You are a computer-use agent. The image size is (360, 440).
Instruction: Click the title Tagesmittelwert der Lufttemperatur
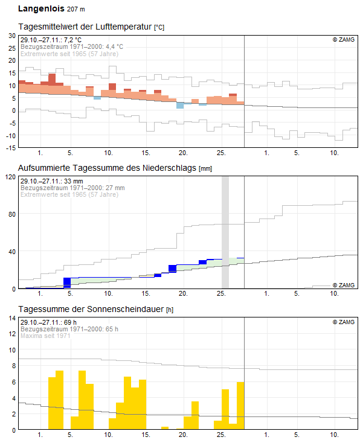[85, 27]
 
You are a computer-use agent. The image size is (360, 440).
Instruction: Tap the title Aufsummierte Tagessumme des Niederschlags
[107, 168]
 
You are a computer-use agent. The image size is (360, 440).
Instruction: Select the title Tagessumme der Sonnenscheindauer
[91, 309]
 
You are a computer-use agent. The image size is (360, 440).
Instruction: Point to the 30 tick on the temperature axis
[12, 36]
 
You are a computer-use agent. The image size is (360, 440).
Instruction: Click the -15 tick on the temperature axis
[11, 148]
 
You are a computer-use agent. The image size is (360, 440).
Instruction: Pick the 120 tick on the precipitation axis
[10, 177]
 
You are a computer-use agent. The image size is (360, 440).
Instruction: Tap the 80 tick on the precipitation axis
[12, 214]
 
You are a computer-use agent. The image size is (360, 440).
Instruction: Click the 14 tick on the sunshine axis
[12, 318]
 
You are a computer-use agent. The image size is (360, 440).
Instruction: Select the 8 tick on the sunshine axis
[14, 366]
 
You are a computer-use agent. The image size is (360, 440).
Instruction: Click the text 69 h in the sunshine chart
[70, 322]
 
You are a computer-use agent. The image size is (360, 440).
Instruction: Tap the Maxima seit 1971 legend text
[45, 336]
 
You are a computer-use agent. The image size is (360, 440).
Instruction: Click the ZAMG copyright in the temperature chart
[344, 40]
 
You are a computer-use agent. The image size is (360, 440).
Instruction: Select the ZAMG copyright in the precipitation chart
[344, 285]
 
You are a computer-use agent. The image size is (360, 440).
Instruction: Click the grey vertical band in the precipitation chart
[225, 232]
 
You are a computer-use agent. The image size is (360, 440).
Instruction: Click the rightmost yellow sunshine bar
[240, 406]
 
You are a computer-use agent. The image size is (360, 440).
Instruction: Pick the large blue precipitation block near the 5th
[67, 283]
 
